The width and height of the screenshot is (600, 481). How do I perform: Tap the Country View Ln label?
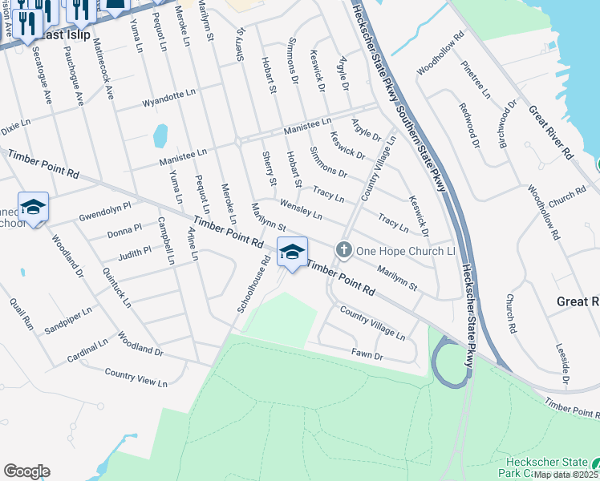pyautogui.click(x=136, y=378)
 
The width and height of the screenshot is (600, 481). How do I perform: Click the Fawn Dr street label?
pyautogui.click(x=367, y=354)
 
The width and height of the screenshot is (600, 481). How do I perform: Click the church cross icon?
pyautogui.click(x=343, y=250)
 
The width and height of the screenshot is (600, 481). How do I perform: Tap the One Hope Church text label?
pyautogui.click(x=406, y=251)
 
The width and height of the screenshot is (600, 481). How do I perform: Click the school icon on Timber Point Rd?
pyautogui.click(x=292, y=252)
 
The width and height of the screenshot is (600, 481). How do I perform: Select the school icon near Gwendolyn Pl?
pyautogui.click(x=33, y=208)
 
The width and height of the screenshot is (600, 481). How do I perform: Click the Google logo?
pyautogui.click(x=26, y=471)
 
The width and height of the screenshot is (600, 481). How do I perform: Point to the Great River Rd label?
pyautogui.click(x=550, y=134)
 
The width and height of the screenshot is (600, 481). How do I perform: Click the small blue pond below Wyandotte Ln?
pyautogui.click(x=160, y=135)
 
